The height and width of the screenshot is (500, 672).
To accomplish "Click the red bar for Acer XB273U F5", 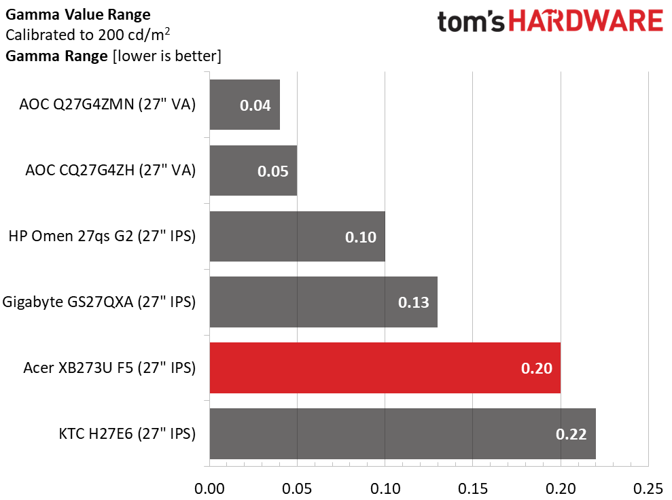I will tap(385, 368).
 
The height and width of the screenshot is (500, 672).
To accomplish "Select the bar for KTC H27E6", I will tap(402, 433).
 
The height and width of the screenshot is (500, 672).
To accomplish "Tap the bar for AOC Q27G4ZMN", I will tap(245, 105).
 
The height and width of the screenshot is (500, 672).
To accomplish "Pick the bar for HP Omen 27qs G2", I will tap(297, 236).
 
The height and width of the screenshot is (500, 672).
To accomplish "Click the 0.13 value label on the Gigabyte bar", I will tap(413, 302).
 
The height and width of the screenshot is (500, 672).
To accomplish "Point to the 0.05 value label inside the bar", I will tap(272, 171).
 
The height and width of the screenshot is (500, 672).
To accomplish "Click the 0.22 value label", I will tap(571, 434).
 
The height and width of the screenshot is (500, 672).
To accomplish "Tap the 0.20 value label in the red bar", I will tap(536, 368).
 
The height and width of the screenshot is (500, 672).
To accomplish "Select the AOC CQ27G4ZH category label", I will tap(109, 171).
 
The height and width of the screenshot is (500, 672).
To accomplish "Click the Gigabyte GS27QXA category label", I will tap(99, 302).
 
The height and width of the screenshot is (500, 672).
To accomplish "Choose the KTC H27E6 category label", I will tap(127, 434).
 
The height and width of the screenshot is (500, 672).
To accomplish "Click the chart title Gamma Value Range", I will tap(77, 14).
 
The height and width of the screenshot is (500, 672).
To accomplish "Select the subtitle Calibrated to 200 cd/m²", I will tap(87, 35).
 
